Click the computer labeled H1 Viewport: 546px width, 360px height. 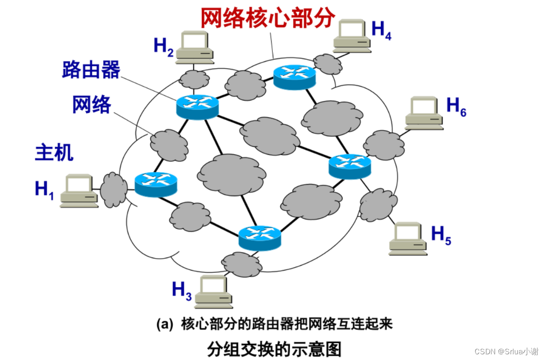click(79, 191)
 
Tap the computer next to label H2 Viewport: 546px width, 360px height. click(194, 48)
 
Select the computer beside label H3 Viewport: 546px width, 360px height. click(213, 292)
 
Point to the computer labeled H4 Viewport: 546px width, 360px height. click(352, 36)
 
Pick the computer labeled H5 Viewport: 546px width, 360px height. click(408, 239)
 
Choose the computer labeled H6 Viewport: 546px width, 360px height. click(424, 113)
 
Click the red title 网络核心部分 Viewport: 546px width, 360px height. click(268, 18)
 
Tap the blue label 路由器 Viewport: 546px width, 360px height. click(91, 70)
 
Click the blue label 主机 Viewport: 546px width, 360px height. click(54, 152)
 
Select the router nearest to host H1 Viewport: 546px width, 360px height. click(156, 185)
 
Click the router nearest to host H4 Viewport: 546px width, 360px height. click(295, 77)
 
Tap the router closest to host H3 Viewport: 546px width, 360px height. click(260, 239)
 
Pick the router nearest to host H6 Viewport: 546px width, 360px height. click(350, 167)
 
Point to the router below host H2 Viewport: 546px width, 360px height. click(198, 107)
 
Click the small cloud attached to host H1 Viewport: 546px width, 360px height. click(114, 190)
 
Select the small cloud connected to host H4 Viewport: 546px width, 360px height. click(328, 64)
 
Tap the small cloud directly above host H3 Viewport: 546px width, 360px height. click(242, 264)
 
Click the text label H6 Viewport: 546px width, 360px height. click(456, 107)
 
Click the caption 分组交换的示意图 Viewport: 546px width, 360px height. click(274, 349)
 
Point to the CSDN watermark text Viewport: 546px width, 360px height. click(506, 351)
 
